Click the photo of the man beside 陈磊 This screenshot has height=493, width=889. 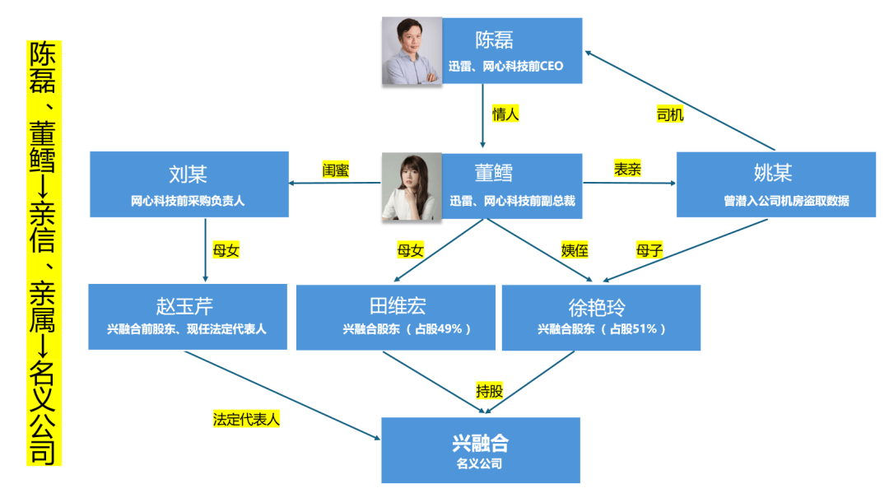[412, 51]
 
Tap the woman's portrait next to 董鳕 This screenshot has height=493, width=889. [412, 187]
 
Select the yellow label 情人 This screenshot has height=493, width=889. [505, 114]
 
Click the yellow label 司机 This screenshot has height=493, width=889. [669, 115]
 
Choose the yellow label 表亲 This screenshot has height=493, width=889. [627, 170]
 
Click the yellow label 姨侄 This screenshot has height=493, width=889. [575, 250]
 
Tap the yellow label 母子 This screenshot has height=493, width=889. [649, 250]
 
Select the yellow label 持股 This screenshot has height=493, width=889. [489, 391]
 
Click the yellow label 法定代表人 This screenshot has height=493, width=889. [247, 418]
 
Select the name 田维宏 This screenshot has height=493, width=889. [398, 307]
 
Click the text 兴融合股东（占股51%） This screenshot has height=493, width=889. [602, 329]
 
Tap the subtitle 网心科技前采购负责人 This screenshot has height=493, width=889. [189, 201]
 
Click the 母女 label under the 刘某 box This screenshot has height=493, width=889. [226, 250]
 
